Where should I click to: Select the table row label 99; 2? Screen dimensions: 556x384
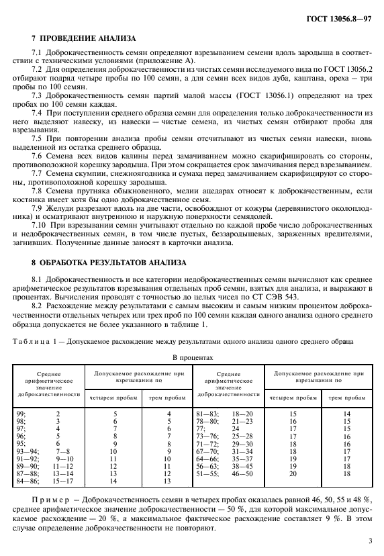pos(47,414)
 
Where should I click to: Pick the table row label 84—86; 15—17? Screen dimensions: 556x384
pos(47,481)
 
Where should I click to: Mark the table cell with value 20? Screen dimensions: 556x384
pos(293,473)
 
